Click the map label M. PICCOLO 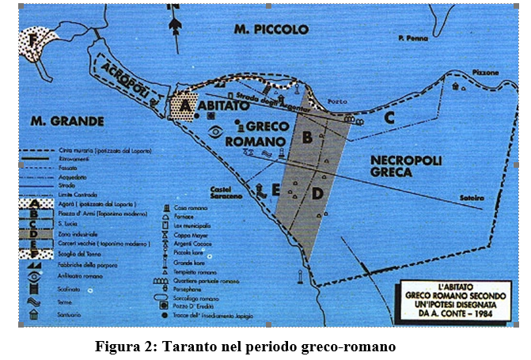[271, 29]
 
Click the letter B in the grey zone [308, 142]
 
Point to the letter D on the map [317, 193]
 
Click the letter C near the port [389, 118]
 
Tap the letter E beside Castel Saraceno [274, 190]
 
